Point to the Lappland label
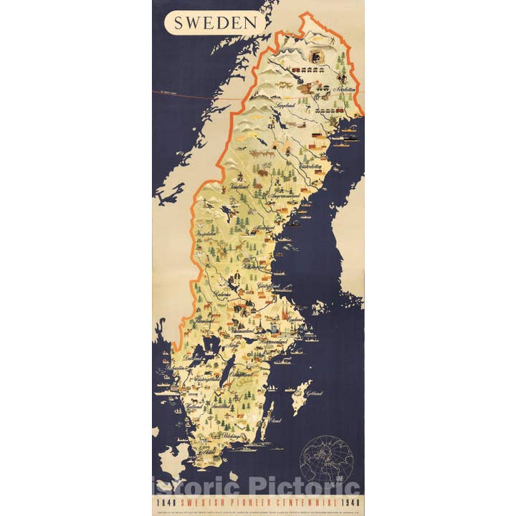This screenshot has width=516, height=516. point(282,105)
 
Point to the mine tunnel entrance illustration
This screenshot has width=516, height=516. point(315,55)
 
